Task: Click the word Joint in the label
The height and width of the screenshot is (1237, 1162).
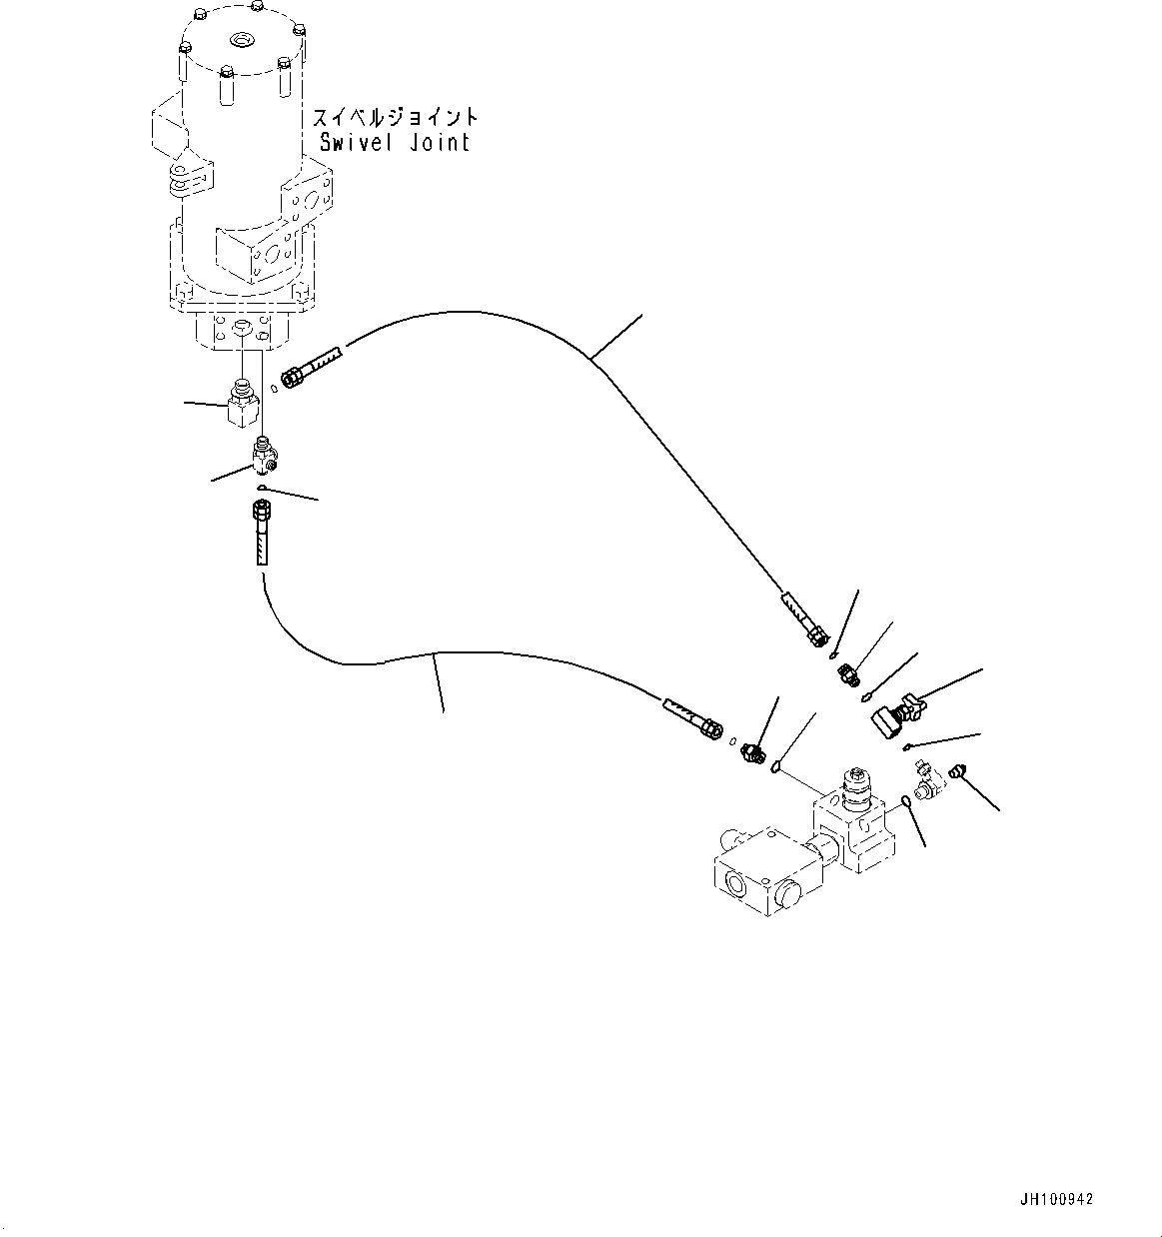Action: [x=439, y=143]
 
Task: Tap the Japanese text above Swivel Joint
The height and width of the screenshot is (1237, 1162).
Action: [x=396, y=118]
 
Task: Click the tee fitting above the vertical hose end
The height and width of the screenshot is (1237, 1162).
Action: [x=267, y=455]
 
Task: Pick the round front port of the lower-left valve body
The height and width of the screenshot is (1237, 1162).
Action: [x=735, y=881]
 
